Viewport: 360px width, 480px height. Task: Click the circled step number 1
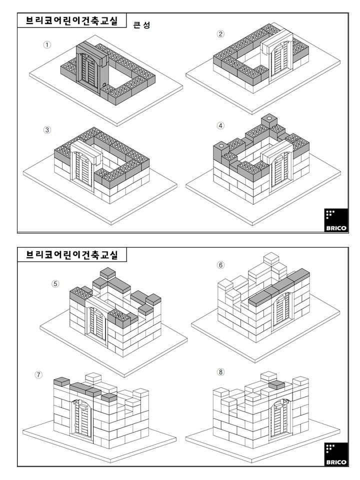pyautogui.click(x=47, y=45)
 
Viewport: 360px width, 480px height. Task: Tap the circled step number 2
pyautogui.click(x=220, y=34)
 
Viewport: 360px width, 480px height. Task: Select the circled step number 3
pyautogui.click(x=47, y=130)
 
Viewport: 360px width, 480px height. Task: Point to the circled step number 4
pyautogui.click(x=220, y=125)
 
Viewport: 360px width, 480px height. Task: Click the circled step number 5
pyautogui.click(x=55, y=284)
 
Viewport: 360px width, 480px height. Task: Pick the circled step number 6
pyautogui.click(x=220, y=265)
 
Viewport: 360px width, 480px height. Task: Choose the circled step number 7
pyautogui.click(x=38, y=374)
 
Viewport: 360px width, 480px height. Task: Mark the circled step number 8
pyautogui.click(x=220, y=372)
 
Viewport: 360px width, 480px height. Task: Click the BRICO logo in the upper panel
pyautogui.click(x=336, y=220)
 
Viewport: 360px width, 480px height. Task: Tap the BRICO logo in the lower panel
pyautogui.click(x=336, y=454)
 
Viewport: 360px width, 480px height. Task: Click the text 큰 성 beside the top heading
pyautogui.click(x=141, y=25)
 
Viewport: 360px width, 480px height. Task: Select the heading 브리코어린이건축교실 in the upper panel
pyautogui.click(x=72, y=20)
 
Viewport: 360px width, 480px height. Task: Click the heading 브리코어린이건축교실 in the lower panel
pyautogui.click(x=72, y=254)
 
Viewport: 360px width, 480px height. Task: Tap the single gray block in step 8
pyautogui.click(x=276, y=385)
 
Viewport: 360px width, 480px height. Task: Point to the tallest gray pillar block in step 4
pyautogui.click(x=269, y=125)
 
